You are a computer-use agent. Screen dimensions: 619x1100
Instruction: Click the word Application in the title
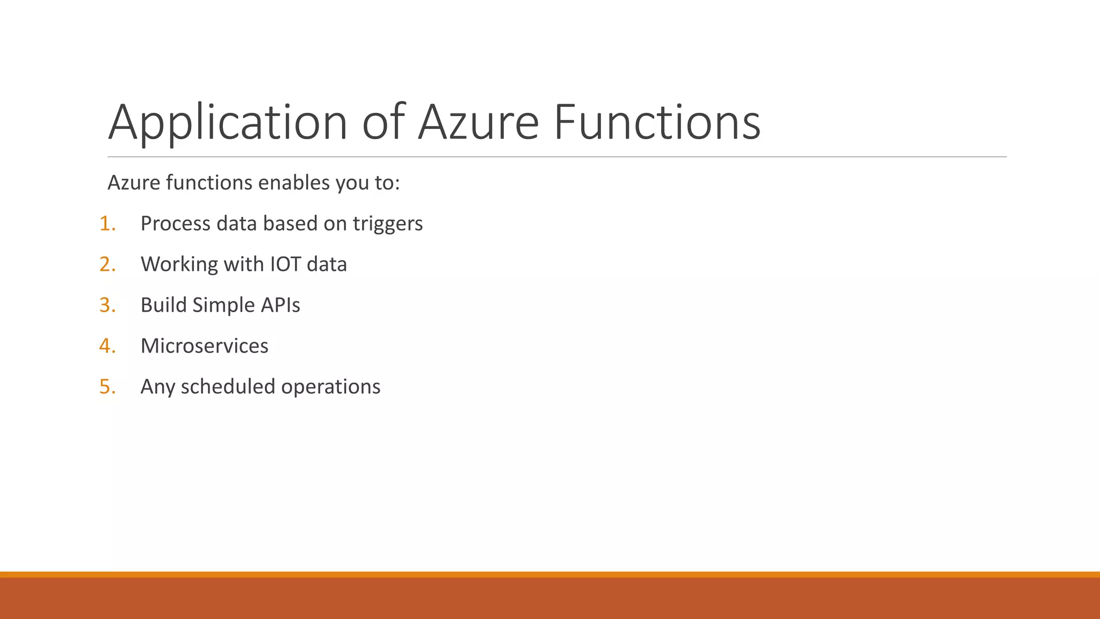228,124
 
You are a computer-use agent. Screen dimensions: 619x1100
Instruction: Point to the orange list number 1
107,224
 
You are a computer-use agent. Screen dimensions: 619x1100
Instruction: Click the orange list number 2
107,264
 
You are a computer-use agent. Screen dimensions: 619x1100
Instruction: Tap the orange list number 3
107,305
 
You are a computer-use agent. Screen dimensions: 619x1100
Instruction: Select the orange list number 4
107,346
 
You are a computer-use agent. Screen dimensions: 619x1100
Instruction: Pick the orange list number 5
107,387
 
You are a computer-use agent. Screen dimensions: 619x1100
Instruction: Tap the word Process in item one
175,224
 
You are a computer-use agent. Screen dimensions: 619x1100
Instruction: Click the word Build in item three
163,305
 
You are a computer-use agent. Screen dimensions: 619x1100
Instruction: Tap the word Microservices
204,346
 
